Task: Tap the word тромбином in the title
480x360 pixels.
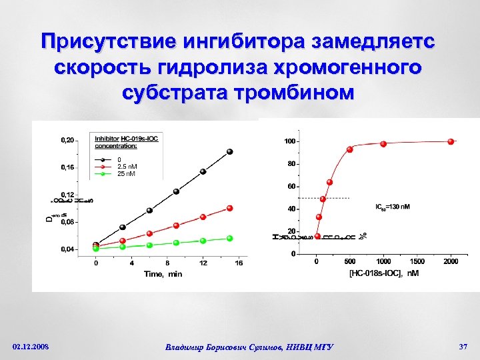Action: pos(286,93)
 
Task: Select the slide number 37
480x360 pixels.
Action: pos(463,347)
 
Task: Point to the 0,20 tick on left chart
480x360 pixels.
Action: pos(67,141)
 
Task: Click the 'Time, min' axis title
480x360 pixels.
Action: pos(163,274)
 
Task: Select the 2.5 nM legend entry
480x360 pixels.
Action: pos(128,167)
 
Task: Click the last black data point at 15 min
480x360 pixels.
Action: pos(230,151)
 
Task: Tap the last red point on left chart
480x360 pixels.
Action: pos(230,208)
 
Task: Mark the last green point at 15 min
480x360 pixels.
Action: pos(230,238)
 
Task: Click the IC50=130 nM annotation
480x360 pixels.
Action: pos(393,207)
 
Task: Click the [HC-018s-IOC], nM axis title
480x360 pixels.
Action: pos(384,273)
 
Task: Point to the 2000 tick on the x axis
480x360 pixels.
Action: pos(451,261)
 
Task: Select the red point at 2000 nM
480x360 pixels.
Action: pos(451,141)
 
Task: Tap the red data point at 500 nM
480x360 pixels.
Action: pos(349,149)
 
